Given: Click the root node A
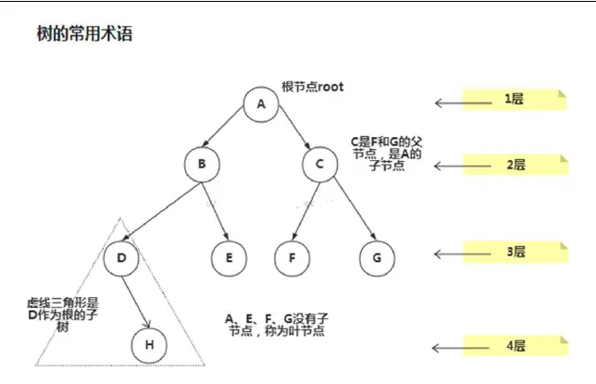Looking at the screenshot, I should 261,104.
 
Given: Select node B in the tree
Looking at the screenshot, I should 200,166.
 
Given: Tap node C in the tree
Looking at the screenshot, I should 319,166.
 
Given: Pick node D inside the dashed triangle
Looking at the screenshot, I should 121,256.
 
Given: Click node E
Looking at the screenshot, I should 228,256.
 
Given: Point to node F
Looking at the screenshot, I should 292,256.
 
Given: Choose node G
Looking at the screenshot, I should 377,256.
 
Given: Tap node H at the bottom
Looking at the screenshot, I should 148,346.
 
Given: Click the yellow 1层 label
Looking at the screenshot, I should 515,98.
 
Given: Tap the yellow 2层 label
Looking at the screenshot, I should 515,165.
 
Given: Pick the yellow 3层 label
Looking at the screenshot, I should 515,252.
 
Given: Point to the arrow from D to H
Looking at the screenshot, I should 135,302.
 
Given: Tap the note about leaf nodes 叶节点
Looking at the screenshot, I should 276,324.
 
